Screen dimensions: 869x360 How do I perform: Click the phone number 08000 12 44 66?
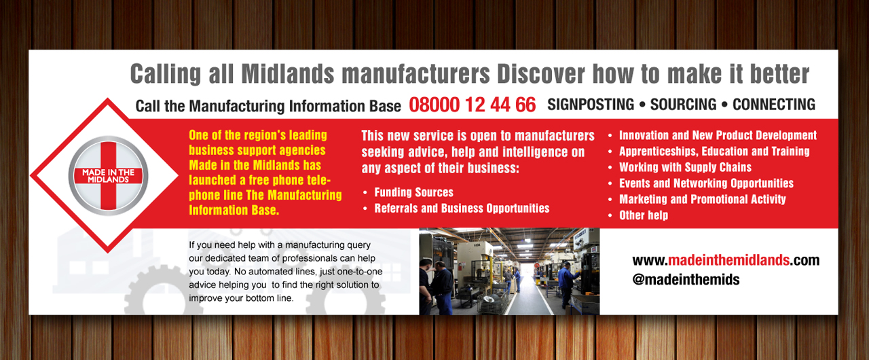472,105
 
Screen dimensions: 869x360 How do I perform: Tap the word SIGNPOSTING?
591,105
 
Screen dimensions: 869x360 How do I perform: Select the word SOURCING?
683,105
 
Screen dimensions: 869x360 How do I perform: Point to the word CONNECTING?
773,105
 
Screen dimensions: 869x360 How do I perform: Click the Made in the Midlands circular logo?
108,176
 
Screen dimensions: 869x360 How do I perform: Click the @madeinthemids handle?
686,280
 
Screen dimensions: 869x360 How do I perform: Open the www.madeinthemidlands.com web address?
726,260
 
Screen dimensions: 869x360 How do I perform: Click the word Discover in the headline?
541,74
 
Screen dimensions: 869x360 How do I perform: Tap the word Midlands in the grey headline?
287,74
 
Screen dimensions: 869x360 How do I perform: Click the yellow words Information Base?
234,211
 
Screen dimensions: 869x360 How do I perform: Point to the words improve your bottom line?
241,298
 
